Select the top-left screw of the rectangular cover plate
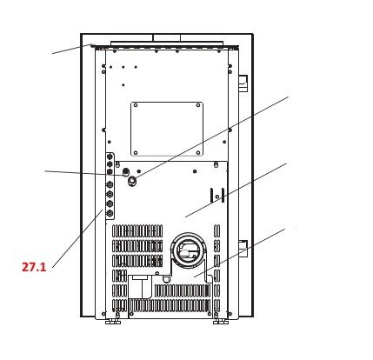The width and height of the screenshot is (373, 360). click(x=136, y=106)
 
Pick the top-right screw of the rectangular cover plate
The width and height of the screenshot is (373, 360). click(x=199, y=106)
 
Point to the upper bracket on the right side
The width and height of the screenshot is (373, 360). click(x=244, y=83)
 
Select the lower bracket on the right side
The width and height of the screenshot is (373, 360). click(x=244, y=247)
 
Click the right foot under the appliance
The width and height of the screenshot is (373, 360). click(x=221, y=320)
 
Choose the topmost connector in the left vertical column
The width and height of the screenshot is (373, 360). click(x=110, y=161)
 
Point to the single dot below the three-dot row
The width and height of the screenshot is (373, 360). click(x=123, y=84)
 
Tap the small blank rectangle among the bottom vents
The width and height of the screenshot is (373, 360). click(x=139, y=280)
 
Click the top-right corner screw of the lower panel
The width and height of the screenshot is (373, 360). click(x=216, y=164)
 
